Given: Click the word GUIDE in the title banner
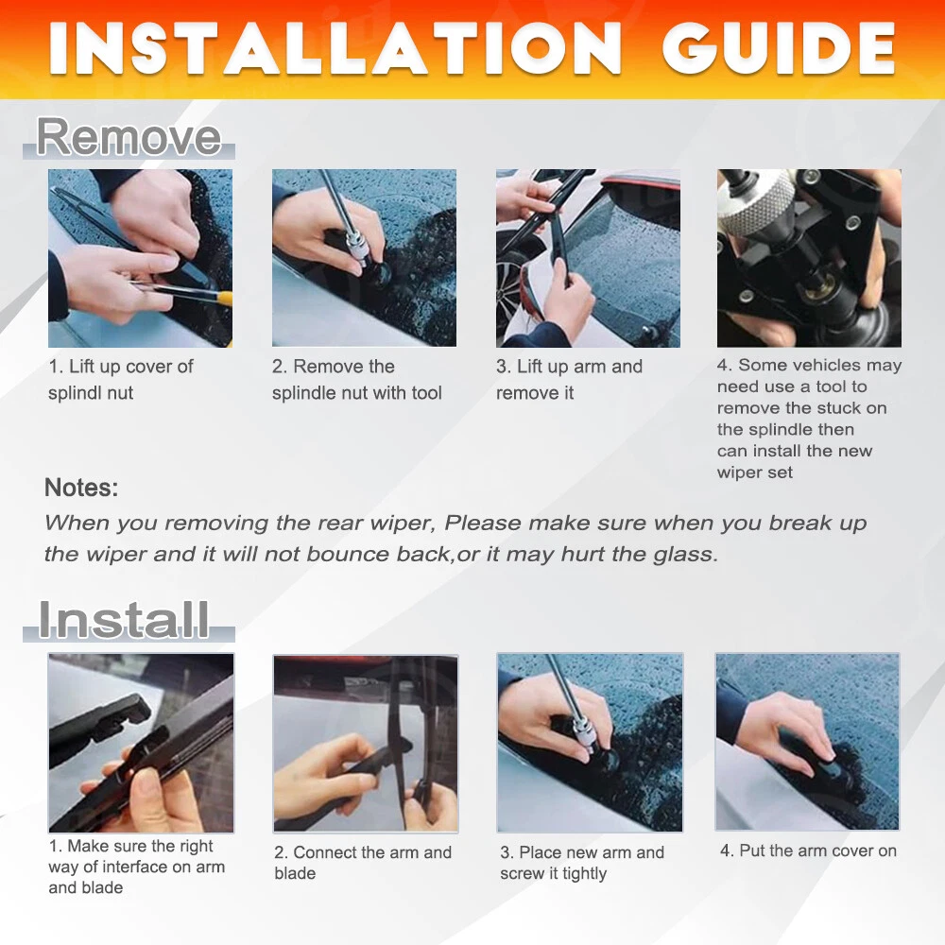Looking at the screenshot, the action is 778,49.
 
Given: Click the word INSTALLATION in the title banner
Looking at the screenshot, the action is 335,49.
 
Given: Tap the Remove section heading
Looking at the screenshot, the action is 129,137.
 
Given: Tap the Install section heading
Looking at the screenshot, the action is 124,620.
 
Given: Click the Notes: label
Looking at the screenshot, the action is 81,488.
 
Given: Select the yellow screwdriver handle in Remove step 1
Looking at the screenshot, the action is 224,297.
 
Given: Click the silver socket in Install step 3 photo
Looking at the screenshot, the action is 583,733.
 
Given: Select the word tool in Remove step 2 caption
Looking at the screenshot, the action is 427,393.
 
